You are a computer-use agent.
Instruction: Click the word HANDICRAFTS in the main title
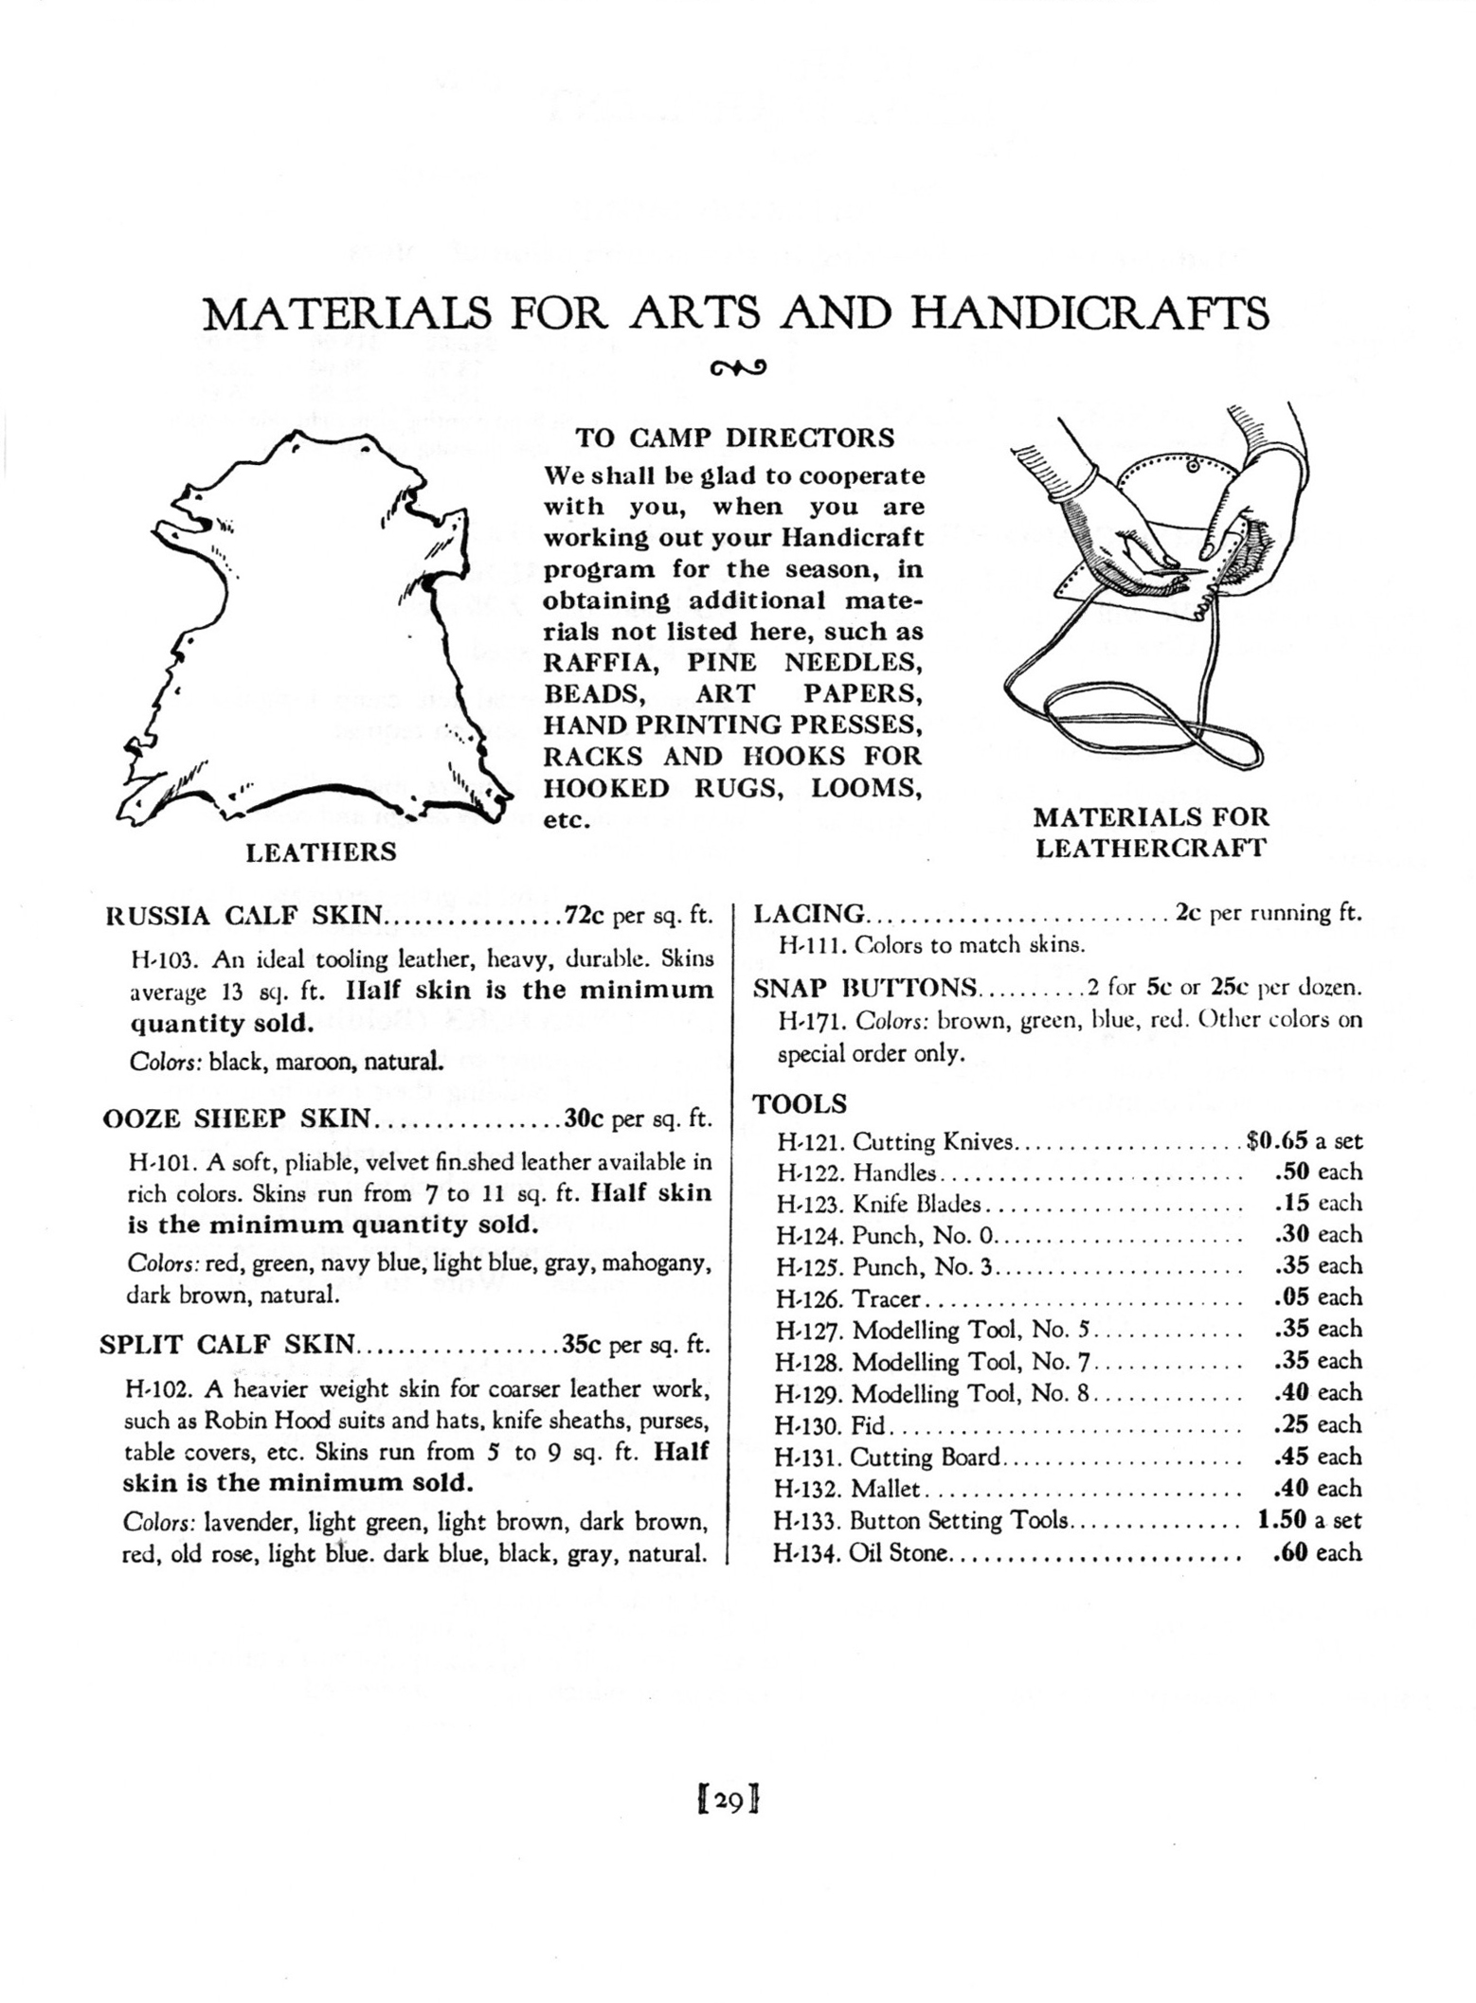[x=1089, y=313]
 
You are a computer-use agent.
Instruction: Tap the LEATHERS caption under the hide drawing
[x=321, y=852]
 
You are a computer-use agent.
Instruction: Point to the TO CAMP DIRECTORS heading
[x=735, y=438]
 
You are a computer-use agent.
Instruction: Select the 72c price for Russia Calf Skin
[x=585, y=916]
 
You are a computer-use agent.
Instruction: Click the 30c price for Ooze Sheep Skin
[x=585, y=1118]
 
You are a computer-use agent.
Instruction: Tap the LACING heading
[x=808, y=914]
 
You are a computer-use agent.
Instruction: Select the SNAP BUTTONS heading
[x=865, y=989]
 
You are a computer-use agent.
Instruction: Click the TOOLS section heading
[x=800, y=1104]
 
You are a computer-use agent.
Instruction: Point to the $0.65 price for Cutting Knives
[x=1278, y=1141]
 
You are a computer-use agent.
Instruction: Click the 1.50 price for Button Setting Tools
[x=1282, y=1520]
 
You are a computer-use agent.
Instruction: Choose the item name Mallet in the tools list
[x=885, y=1489]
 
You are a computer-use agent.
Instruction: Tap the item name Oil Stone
[x=898, y=1552]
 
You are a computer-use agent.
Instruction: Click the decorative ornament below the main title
[x=737, y=367]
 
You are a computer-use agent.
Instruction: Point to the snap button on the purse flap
[x=1193, y=466]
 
